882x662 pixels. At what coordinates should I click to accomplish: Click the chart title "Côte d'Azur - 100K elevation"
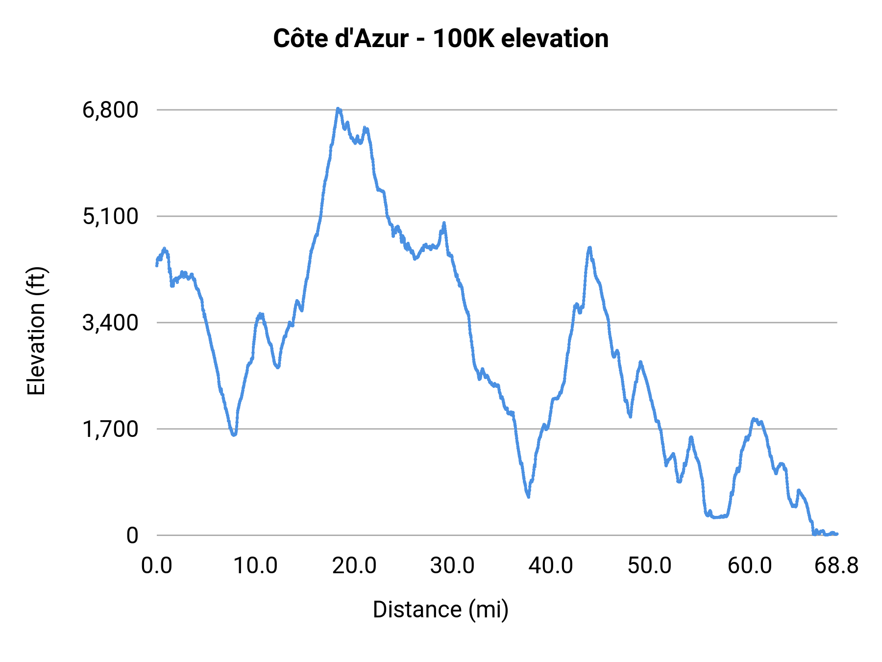(x=441, y=39)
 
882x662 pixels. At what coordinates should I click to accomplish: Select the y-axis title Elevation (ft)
(x=36, y=331)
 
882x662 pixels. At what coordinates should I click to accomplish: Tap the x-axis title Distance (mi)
(x=441, y=610)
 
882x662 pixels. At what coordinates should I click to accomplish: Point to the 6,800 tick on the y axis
(x=111, y=110)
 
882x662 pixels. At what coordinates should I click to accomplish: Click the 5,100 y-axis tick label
(x=111, y=216)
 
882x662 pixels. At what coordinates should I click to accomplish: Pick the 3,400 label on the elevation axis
(x=111, y=323)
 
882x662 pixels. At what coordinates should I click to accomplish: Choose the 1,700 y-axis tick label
(x=111, y=429)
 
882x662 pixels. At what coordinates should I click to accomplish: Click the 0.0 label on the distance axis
(x=157, y=566)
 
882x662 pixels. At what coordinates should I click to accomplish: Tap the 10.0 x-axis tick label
(x=255, y=566)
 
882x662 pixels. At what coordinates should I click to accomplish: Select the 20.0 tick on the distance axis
(x=354, y=566)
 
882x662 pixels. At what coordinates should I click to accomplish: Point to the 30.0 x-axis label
(x=452, y=566)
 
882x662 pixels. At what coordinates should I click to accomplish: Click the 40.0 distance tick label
(x=551, y=566)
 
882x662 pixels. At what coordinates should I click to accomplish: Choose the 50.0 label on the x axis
(x=650, y=566)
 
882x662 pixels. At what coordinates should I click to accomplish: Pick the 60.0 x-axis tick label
(x=750, y=566)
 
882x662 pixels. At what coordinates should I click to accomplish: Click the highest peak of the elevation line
(x=338, y=109)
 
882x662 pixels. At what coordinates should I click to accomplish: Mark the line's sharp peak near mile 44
(x=590, y=248)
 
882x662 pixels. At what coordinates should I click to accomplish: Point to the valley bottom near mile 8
(x=234, y=434)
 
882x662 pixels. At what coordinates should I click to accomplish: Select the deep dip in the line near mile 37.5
(x=528, y=496)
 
